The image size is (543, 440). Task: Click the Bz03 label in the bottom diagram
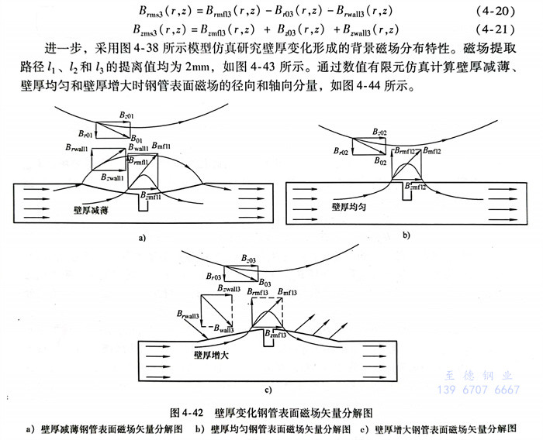[x=248, y=257]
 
